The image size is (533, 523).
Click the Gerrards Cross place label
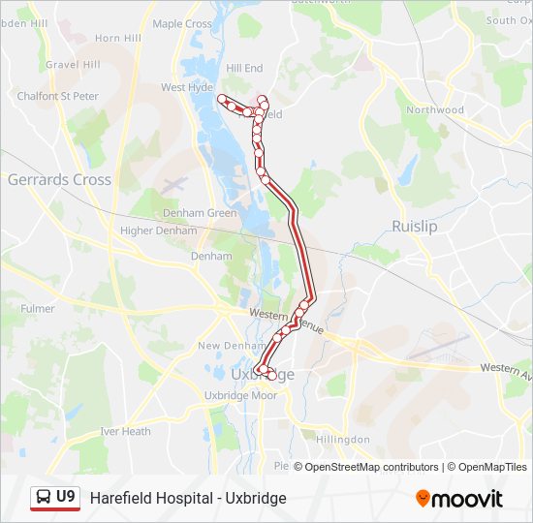[59, 179]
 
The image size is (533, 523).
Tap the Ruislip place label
[415, 226]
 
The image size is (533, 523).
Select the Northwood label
[435, 109]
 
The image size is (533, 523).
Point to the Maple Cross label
[182, 23]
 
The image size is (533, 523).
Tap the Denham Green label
[200, 213]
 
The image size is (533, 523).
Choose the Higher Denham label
[156, 231]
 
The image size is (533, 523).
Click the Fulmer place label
[38, 308]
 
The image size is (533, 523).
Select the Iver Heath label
[125, 431]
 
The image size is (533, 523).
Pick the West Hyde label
[187, 87]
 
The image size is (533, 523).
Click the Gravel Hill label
[74, 65]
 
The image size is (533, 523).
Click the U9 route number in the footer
[66, 497]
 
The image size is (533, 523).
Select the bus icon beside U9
[44, 498]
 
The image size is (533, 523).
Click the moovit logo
[459, 498]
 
